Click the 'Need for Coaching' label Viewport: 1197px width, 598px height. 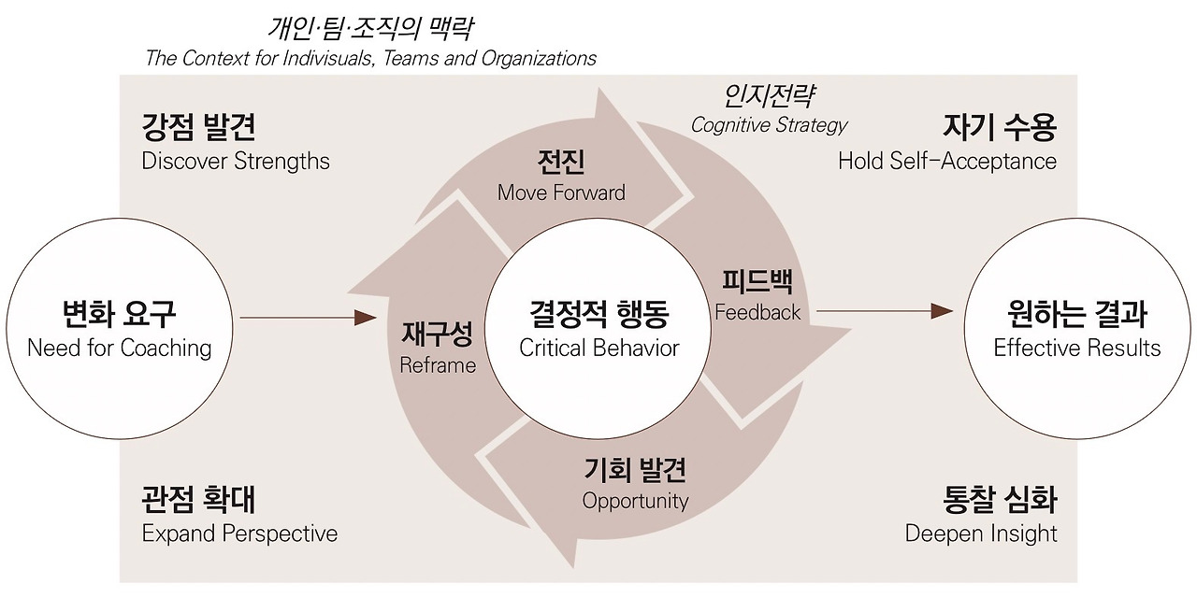pyautogui.click(x=120, y=349)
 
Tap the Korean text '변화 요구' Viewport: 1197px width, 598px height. pyautogui.click(x=120, y=314)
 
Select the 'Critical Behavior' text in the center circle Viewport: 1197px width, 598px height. pyautogui.click(x=598, y=349)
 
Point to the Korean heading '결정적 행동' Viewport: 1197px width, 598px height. pyautogui.click(x=598, y=314)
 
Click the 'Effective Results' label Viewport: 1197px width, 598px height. pyautogui.click(x=1076, y=349)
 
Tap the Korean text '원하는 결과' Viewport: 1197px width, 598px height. pyautogui.click(x=1076, y=314)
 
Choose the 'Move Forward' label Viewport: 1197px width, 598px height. pyautogui.click(x=561, y=192)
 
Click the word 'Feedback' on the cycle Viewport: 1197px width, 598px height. pyautogui.click(x=757, y=312)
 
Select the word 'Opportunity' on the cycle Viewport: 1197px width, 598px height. pyautogui.click(x=635, y=501)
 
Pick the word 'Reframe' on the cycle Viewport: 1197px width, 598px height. pyautogui.click(x=438, y=365)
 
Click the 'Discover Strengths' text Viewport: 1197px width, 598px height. pyautogui.click(x=236, y=161)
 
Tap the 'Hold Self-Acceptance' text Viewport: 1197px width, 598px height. pyautogui.click(x=946, y=161)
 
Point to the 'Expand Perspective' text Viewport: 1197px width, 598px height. pyautogui.click(x=239, y=534)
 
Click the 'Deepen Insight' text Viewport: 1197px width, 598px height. pyautogui.click(x=981, y=534)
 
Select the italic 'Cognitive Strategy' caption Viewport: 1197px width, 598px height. pyautogui.click(x=769, y=125)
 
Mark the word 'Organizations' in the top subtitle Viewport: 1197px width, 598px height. pyautogui.click(x=539, y=58)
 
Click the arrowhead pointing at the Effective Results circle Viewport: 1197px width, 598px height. pyautogui.click(x=942, y=311)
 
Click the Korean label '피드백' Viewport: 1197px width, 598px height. pyautogui.click(x=757, y=281)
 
